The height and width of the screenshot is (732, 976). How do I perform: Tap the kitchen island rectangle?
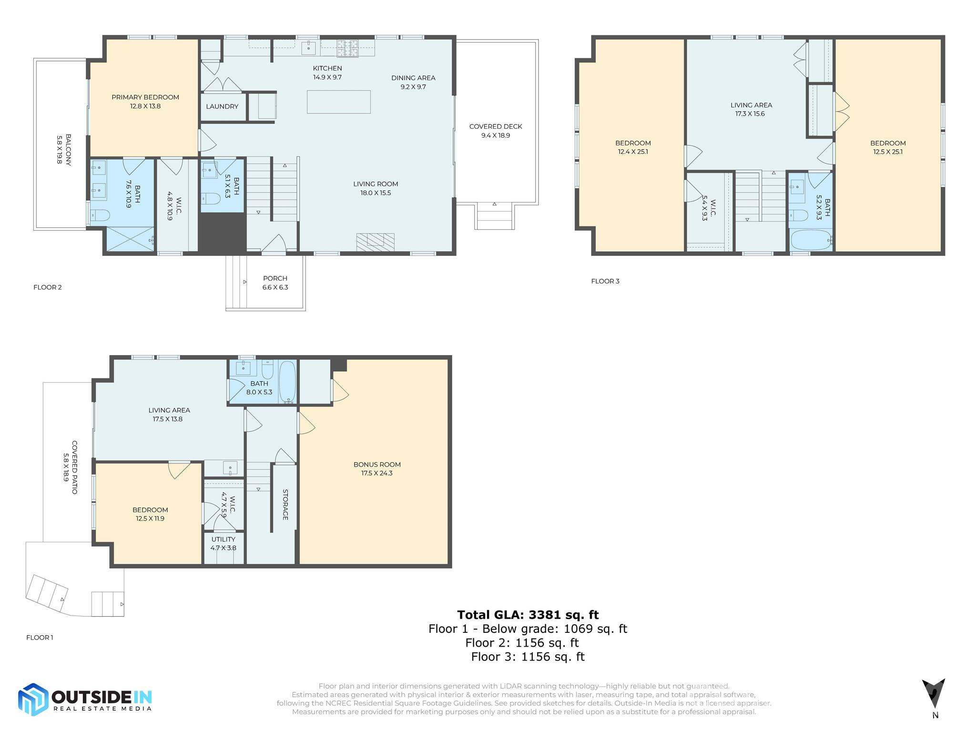(338, 102)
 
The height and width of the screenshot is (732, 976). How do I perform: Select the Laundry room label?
(222, 107)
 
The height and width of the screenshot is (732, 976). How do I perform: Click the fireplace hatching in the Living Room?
(375, 242)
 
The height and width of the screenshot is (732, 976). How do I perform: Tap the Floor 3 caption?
(605, 281)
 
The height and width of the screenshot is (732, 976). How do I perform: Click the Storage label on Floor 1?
(285, 504)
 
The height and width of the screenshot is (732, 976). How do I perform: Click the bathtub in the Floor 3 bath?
(811, 240)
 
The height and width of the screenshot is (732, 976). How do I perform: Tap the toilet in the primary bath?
(100, 215)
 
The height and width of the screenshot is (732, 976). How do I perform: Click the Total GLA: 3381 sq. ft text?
(528, 615)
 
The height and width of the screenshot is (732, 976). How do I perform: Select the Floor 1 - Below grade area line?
(528, 629)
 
